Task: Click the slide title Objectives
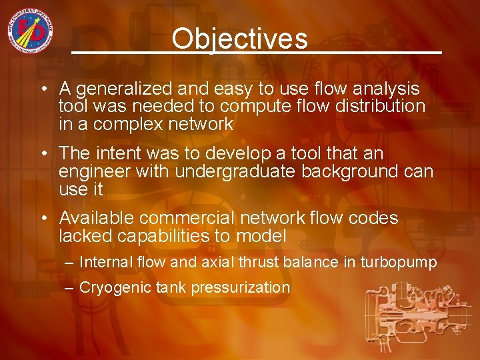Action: tap(239, 39)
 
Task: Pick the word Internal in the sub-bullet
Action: tap(103, 262)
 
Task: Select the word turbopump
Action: tap(399, 262)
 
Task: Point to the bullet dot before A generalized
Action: tap(42, 89)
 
